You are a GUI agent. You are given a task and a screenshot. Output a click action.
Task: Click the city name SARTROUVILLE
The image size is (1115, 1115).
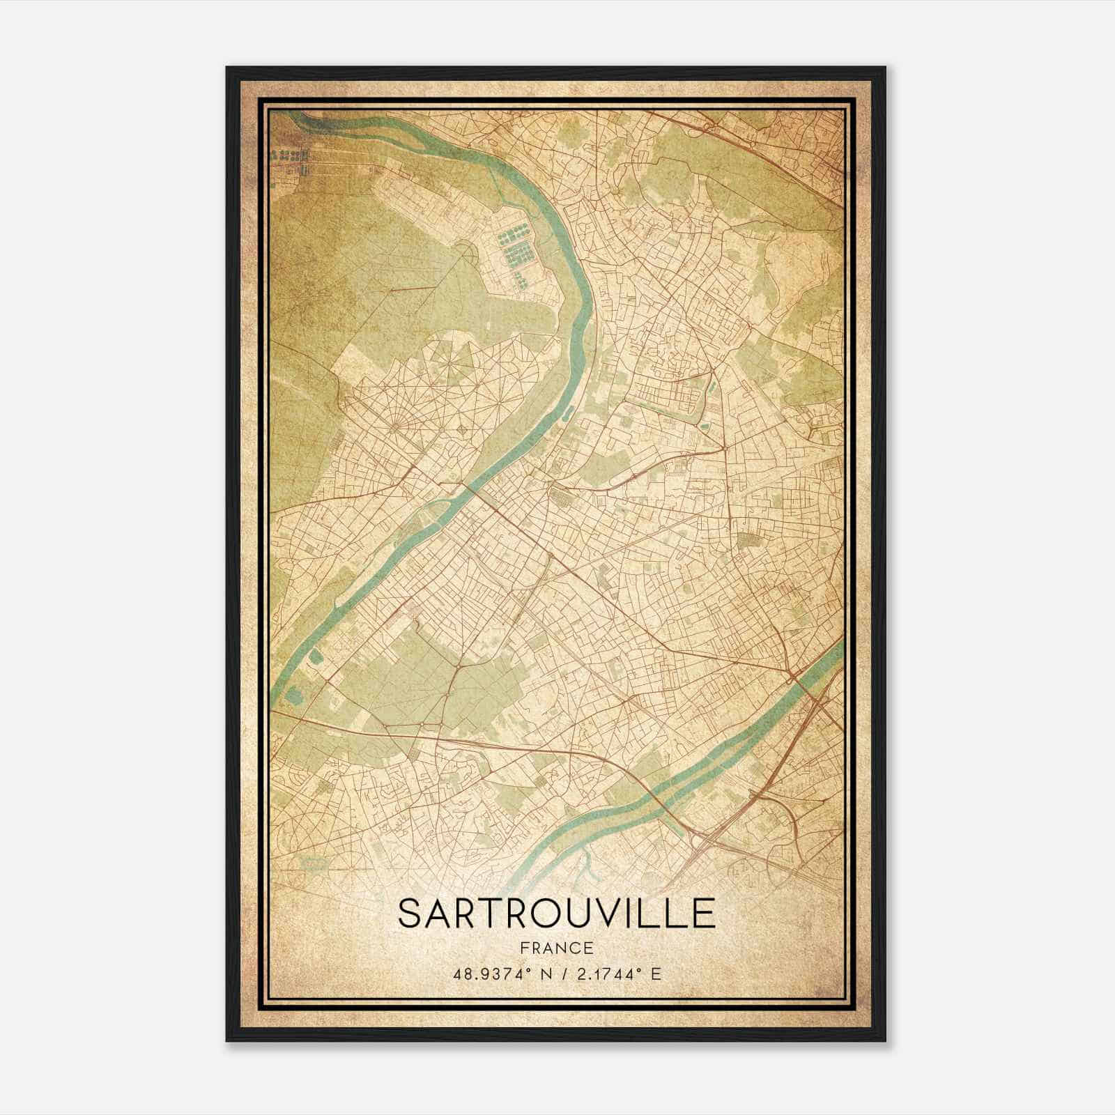[x=556, y=913]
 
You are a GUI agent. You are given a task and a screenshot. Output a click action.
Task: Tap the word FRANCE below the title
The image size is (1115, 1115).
[x=556, y=948]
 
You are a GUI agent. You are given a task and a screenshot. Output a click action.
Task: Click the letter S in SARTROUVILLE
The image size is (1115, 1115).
[x=410, y=913]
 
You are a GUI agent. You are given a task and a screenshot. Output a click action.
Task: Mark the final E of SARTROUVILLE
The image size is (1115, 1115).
[x=704, y=913]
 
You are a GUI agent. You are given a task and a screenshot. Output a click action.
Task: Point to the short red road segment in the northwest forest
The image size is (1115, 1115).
[x=404, y=288]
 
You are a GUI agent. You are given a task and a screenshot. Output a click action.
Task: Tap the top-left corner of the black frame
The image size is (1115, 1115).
[x=227, y=68]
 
